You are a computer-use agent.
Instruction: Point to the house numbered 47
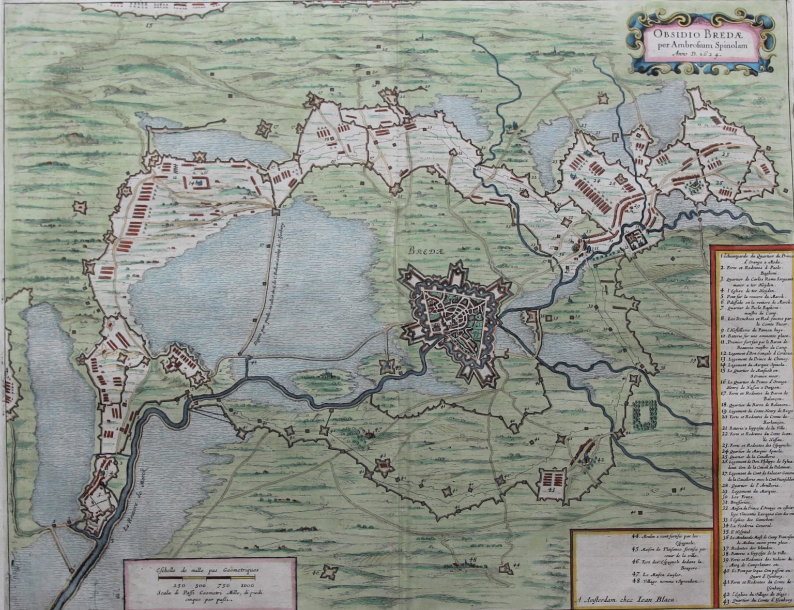[x=369, y=434]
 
